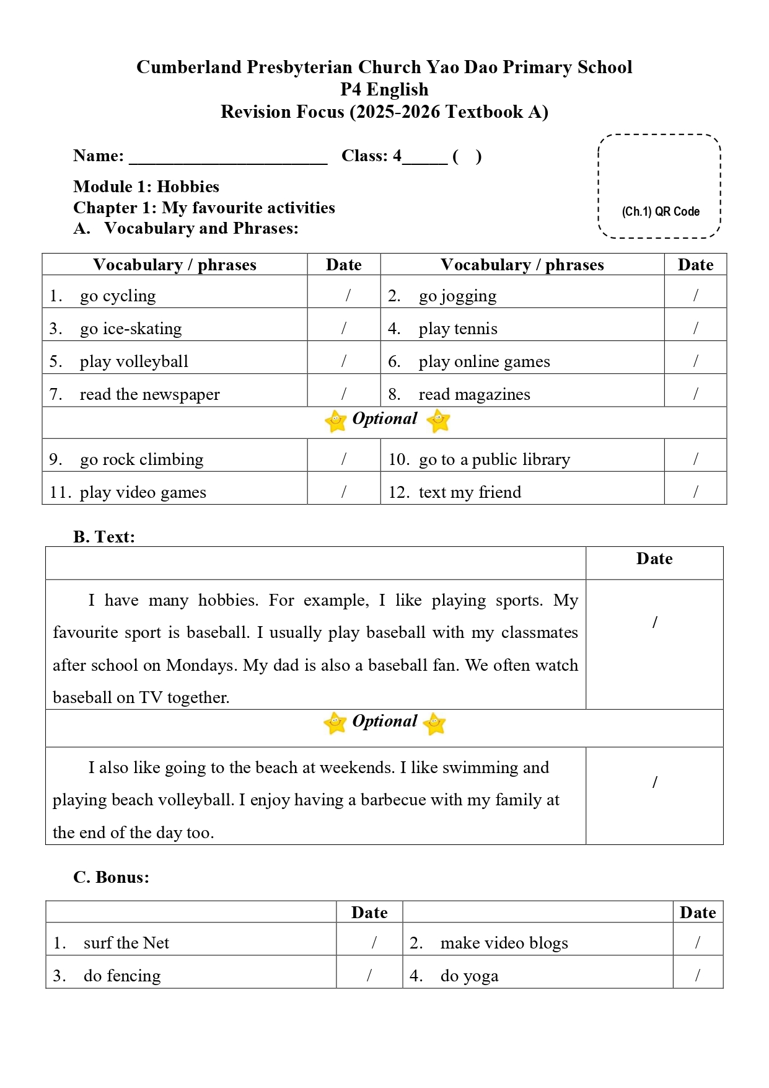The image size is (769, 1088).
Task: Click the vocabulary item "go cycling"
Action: pyautogui.click(x=118, y=296)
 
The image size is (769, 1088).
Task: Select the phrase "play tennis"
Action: pyautogui.click(x=458, y=329)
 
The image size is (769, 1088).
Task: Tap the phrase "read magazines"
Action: pyautogui.click(x=474, y=394)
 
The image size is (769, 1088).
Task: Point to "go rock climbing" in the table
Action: pyautogui.click(x=141, y=459)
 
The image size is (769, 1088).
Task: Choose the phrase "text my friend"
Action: pyautogui.click(x=470, y=492)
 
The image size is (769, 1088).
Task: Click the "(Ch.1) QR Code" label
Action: pyautogui.click(x=661, y=211)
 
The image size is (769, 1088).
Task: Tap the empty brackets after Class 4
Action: pyautogui.click(x=467, y=156)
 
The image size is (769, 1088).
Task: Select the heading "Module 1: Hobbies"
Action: pyautogui.click(x=146, y=187)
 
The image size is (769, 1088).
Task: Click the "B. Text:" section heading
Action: pyautogui.click(x=104, y=536)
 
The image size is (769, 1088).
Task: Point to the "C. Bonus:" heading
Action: pyautogui.click(x=112, y=877)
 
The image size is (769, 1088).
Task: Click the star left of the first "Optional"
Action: pyautogui.click(x=336, y=421)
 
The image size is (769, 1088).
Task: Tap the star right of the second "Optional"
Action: pyautogui.click(x=434, y=723)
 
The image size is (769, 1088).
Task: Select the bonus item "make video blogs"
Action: pyautogui.click(x=504, y=943)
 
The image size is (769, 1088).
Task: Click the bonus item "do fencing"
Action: pyautogui.click(x=122, y=976)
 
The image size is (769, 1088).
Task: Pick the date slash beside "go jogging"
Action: pyautogui.click(x=695, y=296)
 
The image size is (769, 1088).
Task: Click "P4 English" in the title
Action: pyautogui.click(x=384, y=89)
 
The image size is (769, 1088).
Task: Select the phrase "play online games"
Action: pyautogui.click(x=484, y=361)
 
